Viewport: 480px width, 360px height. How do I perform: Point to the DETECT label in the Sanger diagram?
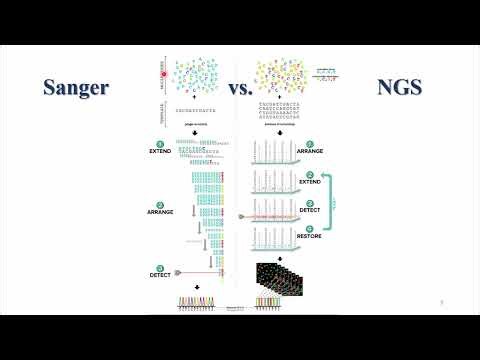pos(157,272)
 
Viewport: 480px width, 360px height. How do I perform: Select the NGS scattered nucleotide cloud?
pos(279,73)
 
